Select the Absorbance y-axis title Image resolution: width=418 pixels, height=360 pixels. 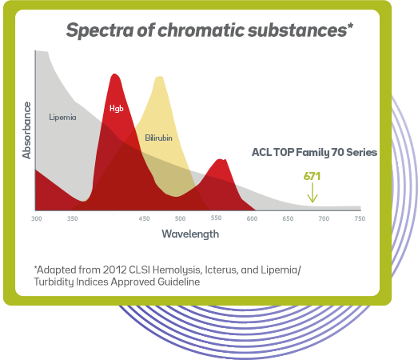[x=26, y=129]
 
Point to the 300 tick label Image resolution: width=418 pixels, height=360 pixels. [x=37, y=218]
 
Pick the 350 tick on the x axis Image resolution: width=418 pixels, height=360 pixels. [x=73, y=218]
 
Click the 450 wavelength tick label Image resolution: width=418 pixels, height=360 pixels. [x=144, y=218]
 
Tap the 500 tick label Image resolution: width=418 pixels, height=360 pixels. [x=180, y=218]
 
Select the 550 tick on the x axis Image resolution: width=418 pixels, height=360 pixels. [x=216, y=218]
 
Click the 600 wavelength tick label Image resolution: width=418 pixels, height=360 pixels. [x=252, y=218]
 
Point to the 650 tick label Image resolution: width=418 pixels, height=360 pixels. [x=288, y=218]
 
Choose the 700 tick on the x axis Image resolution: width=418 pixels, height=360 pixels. [x=324, y=218]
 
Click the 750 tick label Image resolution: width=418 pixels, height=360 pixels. [x=360, y=218]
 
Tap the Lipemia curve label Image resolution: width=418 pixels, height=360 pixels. [x=62, y=117]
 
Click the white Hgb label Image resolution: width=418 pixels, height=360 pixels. [x=116, y=107]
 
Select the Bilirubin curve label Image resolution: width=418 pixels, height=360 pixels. [x=158, y=138]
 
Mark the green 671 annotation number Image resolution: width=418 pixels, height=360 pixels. [x=313, y=176]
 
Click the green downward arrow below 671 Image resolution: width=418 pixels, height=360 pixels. [x=313, y=195]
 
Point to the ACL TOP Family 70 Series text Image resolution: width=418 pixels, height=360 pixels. [x=314, y=152]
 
